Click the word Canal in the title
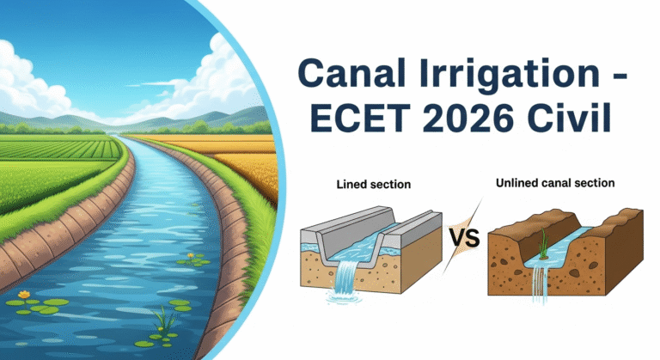[x=351, y=73]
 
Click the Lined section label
[x=373, y=185]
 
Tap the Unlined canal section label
[x=555, y=183]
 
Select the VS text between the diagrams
[x=463, y=237]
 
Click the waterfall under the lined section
[x=346, y=277]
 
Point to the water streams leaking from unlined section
[x=540, y=284]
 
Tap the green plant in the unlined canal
[x=543, y=244]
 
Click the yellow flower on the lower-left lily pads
[x=24, y=295]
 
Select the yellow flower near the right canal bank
[x=191, y=255]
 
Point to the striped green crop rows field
[x=59, y=149]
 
